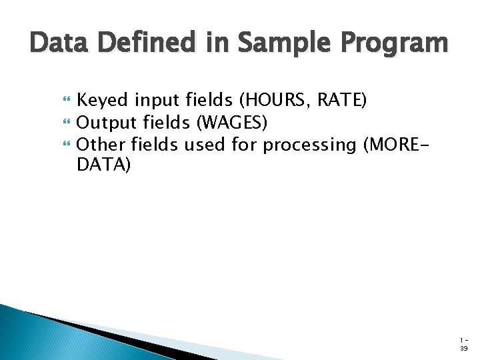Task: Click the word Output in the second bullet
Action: click(x=107, y=123)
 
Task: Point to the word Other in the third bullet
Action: click(x=101, y=144)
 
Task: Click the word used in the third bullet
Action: click(x=205, y=144)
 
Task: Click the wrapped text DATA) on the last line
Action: click(x=104, y=165)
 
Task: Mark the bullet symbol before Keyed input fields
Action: click(x=65, y=101)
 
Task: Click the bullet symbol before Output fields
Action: click(x=65, y=123)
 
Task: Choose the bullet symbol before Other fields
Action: click(x=65, y=145)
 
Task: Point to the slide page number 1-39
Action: click(x=463, y=344)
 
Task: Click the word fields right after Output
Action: click(x=164, y=123)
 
